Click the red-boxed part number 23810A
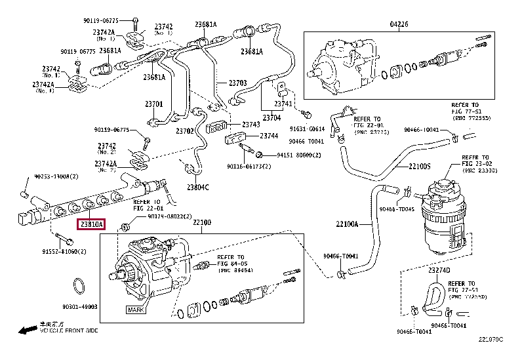point(91,224)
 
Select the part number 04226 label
point(399,24)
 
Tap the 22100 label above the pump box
point(202,223)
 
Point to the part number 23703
point(237,83)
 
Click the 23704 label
point(271,118)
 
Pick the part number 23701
point(153,104)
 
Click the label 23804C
point(197,188)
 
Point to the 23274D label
point(439,270)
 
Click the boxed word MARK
point(134,309)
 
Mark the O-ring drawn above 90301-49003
point(79,286)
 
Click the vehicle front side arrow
point(26,330)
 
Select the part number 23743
point(251,124)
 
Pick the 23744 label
point(268,136)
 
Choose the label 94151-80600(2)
point(298,155)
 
